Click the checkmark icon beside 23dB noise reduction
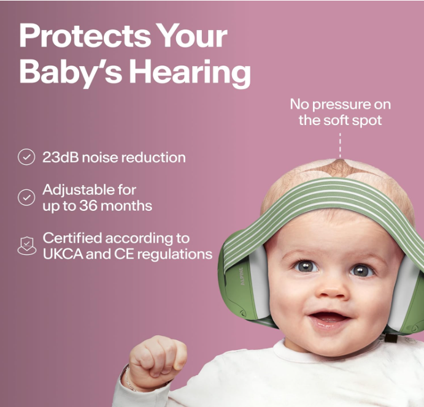pos(26,158)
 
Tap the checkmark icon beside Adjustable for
pos(26,197)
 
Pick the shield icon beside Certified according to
pos(26,246)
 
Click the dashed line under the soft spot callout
pos(339,146)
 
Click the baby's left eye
pos(361,270)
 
